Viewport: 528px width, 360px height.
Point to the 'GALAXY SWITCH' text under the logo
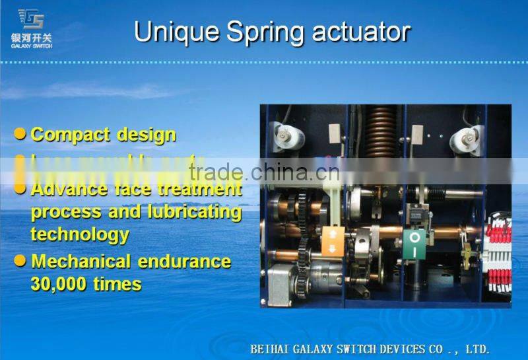(31, 46)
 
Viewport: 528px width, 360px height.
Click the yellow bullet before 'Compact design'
(20, 134)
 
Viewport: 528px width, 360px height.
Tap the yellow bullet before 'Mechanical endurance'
(20, 261)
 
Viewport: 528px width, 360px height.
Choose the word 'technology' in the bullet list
(80, 234)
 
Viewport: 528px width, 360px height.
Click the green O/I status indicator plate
(414, 244)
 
